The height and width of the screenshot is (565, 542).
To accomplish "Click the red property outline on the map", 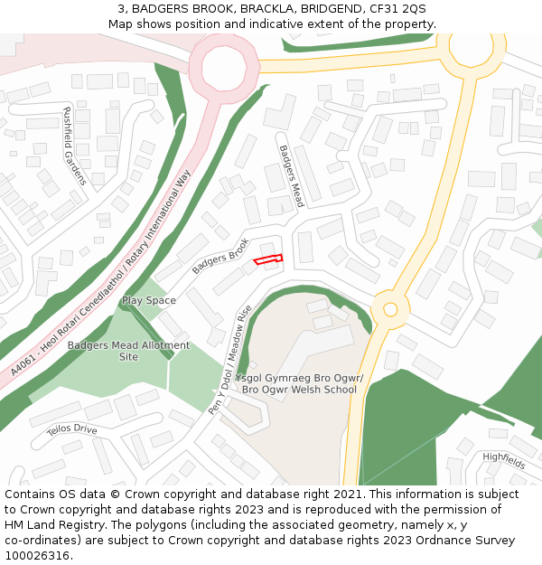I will (x=268, y=259).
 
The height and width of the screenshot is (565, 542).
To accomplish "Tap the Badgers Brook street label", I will (x=220, y=256).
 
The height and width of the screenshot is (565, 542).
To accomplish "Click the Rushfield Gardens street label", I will (x=73, y=146).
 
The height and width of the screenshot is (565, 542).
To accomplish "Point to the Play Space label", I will (x=149, y=300).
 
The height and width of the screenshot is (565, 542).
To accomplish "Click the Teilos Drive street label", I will (x=71, y=429).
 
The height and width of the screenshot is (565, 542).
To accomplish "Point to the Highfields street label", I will (x=503, y=460).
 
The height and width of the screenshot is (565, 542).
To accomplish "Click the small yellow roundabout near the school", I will (x=390, y=309).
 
